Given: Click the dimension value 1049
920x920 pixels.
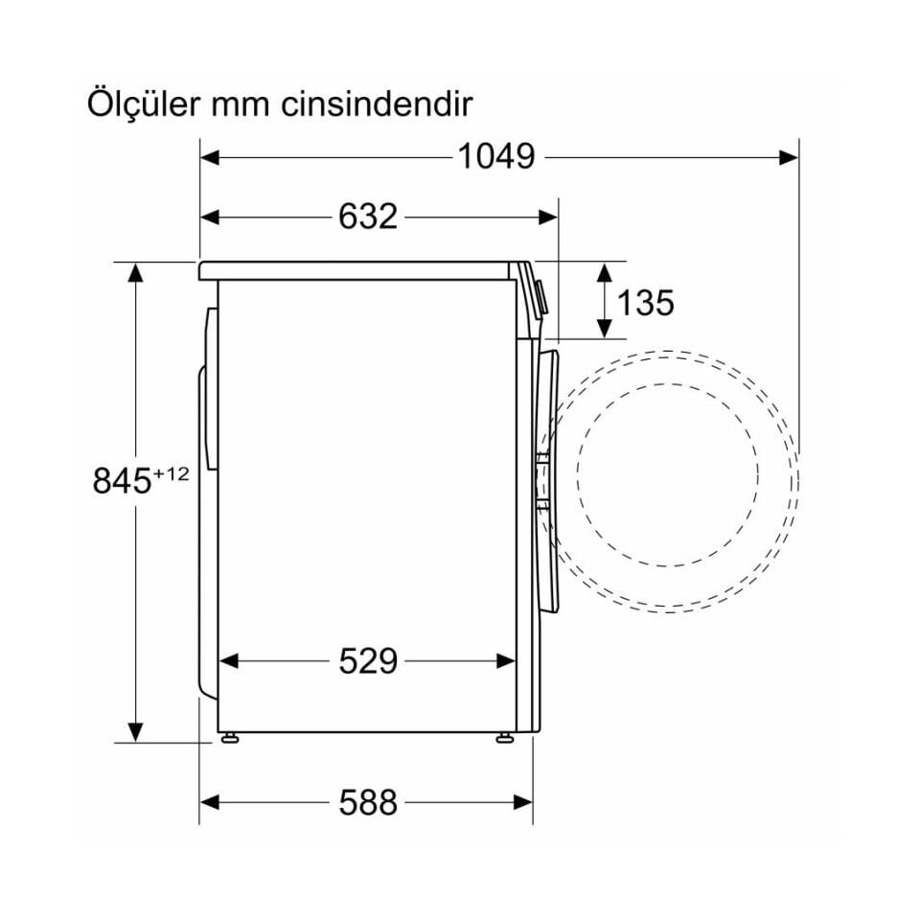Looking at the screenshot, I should (494, 156).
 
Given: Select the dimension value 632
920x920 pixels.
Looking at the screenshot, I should (367, 217).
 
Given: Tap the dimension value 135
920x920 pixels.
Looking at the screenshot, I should (645, 302).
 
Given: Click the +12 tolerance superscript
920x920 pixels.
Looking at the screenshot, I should (172, 472).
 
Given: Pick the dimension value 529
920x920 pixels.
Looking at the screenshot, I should (367, 660).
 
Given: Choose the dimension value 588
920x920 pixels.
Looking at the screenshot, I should (367, 802).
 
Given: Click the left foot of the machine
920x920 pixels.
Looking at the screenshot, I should (229, 738).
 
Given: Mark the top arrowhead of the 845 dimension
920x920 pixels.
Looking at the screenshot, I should (136, 271).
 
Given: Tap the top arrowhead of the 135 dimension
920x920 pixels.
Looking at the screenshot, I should (604, 271).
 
